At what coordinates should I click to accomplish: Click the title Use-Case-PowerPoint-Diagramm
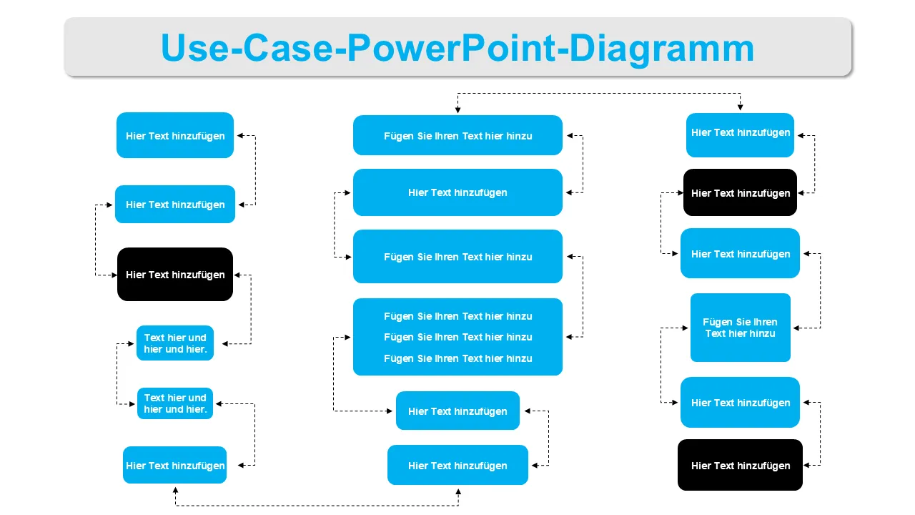pyautogui.click(x=457, y=48)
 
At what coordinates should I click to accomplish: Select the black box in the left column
pyautogui.click(x=175, y=275)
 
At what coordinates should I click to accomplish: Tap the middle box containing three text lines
pyautogui.click(x=457, y=337)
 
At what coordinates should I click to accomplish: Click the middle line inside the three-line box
pyautogui.click(x=457, y=337)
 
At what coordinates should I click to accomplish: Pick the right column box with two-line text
pyautogui.click(x=740, y=328)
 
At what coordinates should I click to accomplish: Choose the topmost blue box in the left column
pyautogui.click(x=175, y=135)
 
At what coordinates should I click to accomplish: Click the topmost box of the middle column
pyautogui.click(x=457, y=135)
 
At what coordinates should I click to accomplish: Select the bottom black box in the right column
pyautogui.click(x=740, y=465)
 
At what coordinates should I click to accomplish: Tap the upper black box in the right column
pyautogui.click(x=740, y=192)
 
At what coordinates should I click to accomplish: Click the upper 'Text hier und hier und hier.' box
pyautogui.click(x=175, y=343)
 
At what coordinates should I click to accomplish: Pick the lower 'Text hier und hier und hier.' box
pyautogui.click(x=175, y=403)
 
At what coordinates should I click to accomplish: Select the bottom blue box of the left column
pyautogui.click(x=175, y=465)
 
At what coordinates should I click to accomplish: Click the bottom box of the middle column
pyautogui.click(x=457, y=465)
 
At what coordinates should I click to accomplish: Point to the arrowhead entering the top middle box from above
pyautogui.click(x=457, y=109)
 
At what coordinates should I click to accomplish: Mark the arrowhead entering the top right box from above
pyautogui.click(x=740, y=107)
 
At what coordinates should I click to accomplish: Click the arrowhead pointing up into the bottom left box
pyautogui.click(x=175, y=491)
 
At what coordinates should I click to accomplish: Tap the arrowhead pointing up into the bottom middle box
pyautogui.click(x=458, y=491)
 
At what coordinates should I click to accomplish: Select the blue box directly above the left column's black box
pyautogui.click(x=175, y=205)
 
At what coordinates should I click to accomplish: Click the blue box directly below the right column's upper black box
pyautogui.click(x=740, y=253)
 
